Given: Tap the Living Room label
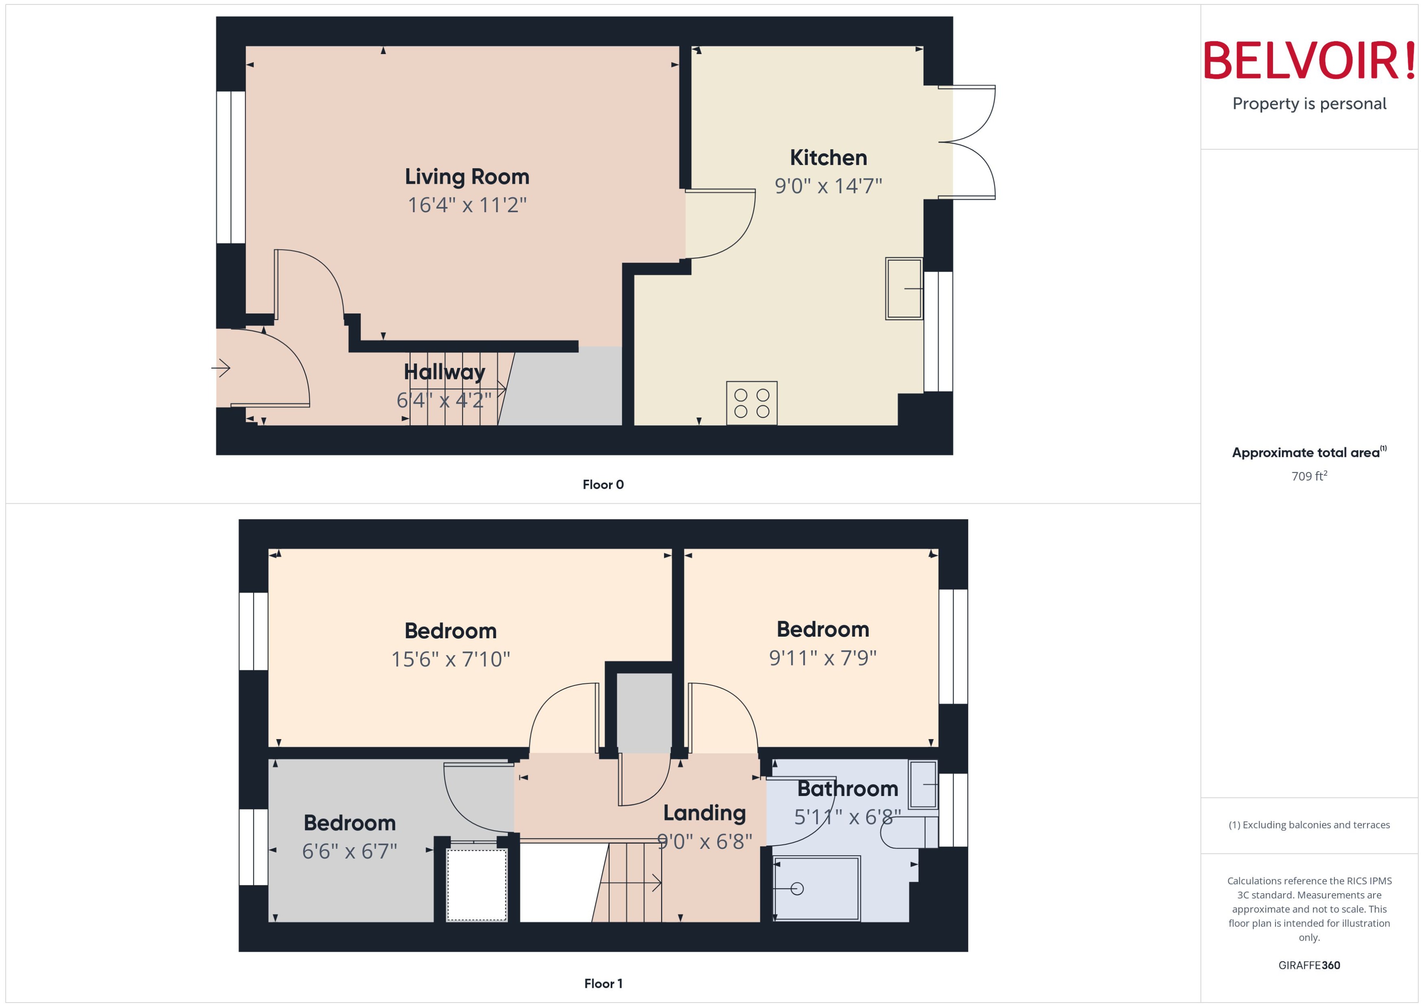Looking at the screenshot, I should pyautogui.click(x=467, y=177).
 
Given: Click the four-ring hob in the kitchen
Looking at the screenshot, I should pyautogui.click(x=751, y=403).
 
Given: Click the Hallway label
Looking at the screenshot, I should pyautogui.click(x=444, y=372).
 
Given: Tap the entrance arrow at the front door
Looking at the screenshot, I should pyautogui.click(x=221, y=368).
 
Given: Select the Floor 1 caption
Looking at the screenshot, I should pyautogui.click(x=603, y=983).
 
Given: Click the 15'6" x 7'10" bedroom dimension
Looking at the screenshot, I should pyautogui.click(x=450, y=659).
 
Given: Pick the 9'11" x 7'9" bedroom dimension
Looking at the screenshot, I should pyautogui.click(x=822, y=657).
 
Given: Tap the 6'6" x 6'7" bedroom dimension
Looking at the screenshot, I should pyautogui.click(x=349, y=851).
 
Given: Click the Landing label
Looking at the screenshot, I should pyautogui.click(x=704, y=813).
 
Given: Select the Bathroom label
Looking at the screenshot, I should pyautogui.click(x=847, y=789).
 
